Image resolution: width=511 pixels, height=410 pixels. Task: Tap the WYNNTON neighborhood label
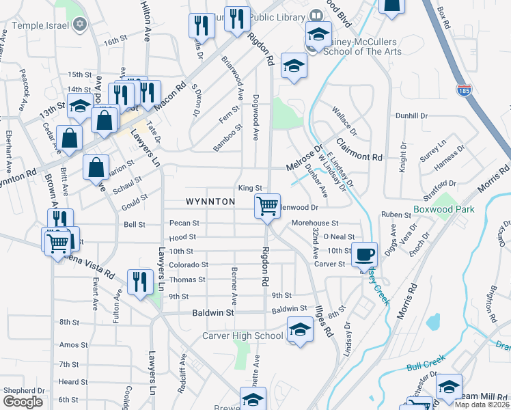210,202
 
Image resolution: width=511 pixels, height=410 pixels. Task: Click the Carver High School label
243,336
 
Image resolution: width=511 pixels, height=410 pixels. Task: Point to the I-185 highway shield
465,89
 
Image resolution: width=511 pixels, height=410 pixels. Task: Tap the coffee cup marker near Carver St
363,254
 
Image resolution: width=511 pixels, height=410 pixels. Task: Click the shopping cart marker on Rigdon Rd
267,205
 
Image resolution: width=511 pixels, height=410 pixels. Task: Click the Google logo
23,401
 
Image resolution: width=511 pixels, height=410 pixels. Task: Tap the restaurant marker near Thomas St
139,281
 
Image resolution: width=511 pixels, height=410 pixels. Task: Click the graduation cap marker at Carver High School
299,329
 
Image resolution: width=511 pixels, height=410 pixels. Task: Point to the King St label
250,188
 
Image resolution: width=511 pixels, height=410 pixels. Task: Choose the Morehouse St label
315,223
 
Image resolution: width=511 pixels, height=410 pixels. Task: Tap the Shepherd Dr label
24,391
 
